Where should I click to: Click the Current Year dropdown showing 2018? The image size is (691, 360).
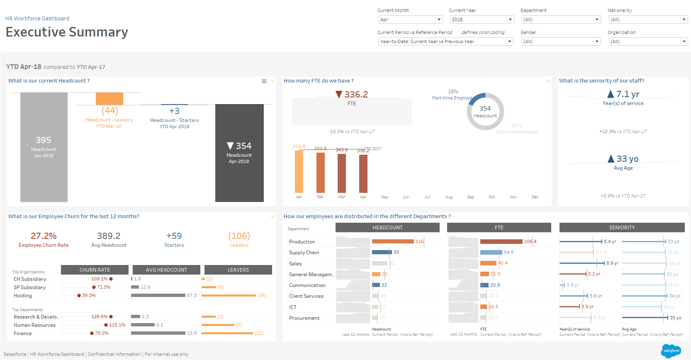click(481, 19)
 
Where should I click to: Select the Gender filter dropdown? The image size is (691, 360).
click(561, 41)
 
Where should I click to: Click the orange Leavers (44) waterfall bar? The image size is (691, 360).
click(109, 99)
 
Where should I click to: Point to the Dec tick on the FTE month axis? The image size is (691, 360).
click(535, 197)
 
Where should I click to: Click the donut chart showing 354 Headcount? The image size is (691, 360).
click(485, 112)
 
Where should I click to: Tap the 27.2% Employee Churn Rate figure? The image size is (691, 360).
click(44, 236)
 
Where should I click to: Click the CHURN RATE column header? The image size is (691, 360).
click(95, 270)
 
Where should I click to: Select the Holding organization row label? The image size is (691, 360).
click(23, 296)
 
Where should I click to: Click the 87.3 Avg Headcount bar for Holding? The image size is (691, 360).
click(158, 295)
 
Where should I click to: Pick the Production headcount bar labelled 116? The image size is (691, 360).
click(393, 241)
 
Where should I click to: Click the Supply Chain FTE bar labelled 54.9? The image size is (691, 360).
click(491, 252)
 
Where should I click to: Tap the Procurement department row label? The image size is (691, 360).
click(304, 318)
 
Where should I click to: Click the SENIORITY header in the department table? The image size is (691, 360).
click(622, 228)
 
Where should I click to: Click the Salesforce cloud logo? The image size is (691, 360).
click(671, 351)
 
